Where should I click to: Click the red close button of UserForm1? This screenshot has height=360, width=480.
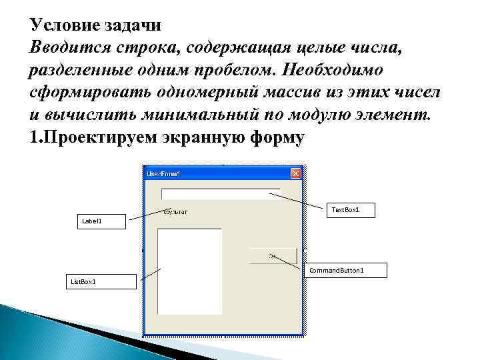coord(296,173)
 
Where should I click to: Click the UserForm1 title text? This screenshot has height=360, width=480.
coord(163,174)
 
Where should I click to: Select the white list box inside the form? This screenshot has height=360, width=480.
coord(189,271)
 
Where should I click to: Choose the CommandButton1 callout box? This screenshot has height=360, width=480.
coord(345,270)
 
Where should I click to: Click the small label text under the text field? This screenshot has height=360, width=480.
coord(175,212)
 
